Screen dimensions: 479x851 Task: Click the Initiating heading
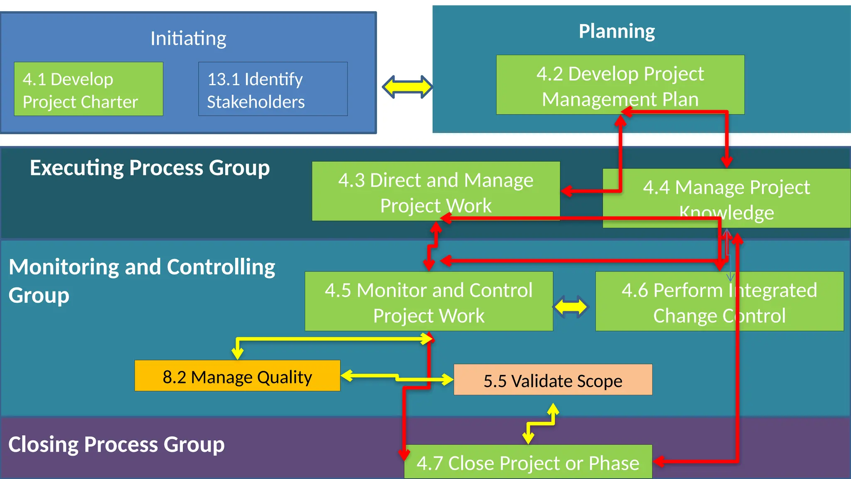[x=188, y=38]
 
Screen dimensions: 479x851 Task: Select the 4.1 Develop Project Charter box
[x=89, y=89]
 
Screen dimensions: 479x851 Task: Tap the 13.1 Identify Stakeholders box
[x=273, y=89]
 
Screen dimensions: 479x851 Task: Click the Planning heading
[x=617, y=31]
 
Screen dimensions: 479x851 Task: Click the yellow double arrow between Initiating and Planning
[x=407, y=87]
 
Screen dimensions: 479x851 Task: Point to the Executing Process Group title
[x=150, y=168]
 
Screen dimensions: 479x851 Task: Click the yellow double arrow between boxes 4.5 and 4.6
[x=571, y=307]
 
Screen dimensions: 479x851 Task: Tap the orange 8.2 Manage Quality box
[x=237, y=376]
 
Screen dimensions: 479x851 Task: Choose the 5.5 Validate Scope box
[x=553, y=380]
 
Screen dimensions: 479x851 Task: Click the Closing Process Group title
[x=116, y=444]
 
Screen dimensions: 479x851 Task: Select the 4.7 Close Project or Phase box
[x=528, y=462]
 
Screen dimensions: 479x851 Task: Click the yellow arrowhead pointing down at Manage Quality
[x=237, y=353]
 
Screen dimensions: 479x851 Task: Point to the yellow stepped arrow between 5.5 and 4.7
[x=540, y=423]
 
